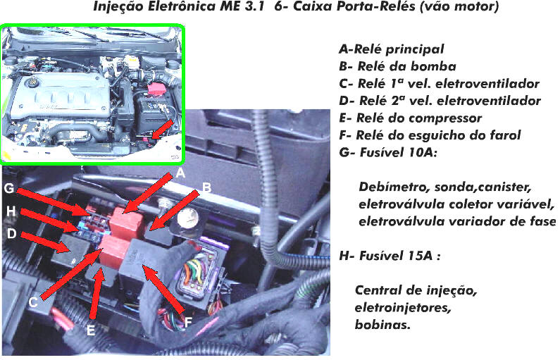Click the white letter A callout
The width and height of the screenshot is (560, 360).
pos(181,173)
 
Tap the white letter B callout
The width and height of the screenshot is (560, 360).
pos(206,187)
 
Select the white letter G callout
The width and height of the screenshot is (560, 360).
pos(9,188)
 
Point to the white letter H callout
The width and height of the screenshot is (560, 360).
pos(11,211)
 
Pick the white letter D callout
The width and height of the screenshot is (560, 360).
pos(12,234)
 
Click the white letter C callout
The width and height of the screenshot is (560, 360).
pos(33,302)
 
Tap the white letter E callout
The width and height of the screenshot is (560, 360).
pos(91,330)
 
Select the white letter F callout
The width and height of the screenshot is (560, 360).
pos(188,323)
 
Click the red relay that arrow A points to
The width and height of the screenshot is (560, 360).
pos(125,223)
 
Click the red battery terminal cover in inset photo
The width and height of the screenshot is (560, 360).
pos(156,89)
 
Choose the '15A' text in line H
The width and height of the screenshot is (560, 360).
pos(421,256)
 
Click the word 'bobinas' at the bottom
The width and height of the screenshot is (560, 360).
pos(382,325)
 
